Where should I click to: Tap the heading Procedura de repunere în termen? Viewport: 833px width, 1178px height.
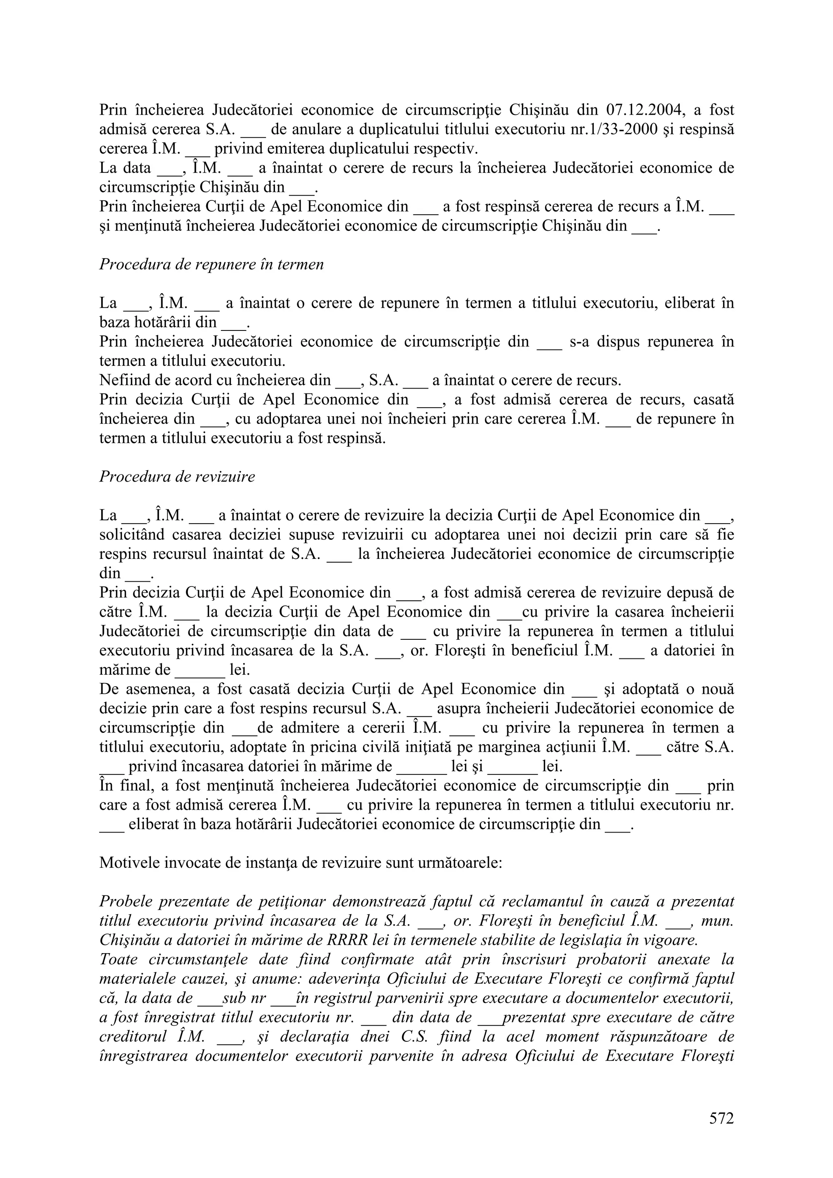pos(212,264)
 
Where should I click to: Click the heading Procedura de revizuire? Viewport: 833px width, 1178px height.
pos(177,477)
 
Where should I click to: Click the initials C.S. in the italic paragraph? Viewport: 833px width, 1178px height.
pos(415,1037)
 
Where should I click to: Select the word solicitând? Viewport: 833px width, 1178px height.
pos(132,535)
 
